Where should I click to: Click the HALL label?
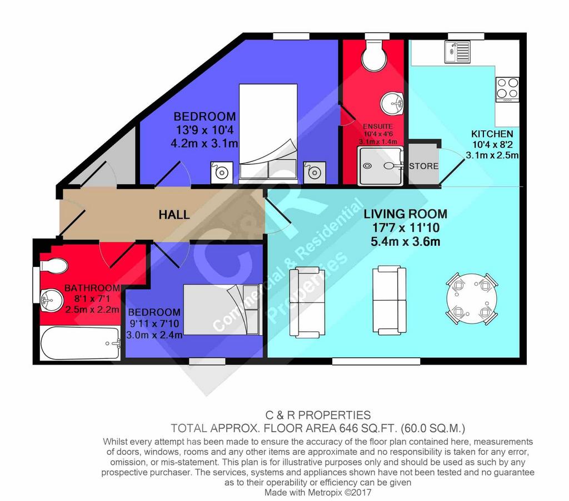coord(174,215)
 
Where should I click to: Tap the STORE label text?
coord(423,166)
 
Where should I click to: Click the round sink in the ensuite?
coord(392,103)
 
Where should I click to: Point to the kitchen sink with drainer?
coord(457,52)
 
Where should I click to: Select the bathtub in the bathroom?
coord(80,343)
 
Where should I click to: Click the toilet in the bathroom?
coord(53,266)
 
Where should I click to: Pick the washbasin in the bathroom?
coord(50,300)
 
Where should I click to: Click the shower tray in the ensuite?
coord(380,166)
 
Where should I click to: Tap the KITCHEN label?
coord(492,134)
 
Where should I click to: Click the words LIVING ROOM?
coord(405,214)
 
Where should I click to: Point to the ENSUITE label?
coord(378,126)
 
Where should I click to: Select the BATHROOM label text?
coord(92,288)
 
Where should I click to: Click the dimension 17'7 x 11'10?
coord(406,228)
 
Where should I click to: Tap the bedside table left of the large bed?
coord(222,173)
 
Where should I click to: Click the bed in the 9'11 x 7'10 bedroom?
coord(223,310)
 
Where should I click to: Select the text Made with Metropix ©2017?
coord(318,492)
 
